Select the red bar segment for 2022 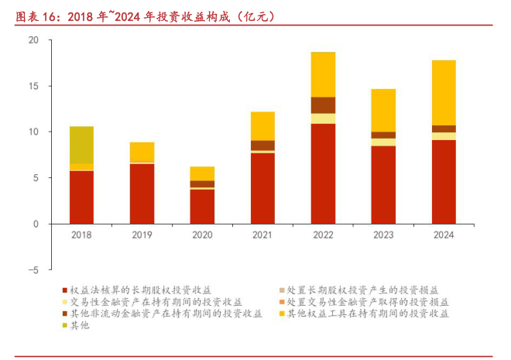[323, 173]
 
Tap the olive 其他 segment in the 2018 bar [81, 145]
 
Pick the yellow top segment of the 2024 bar [444, 92]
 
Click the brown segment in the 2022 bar [323, 105]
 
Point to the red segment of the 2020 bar [202, 207]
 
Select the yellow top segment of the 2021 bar [262, 126]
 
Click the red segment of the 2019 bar [142, 194]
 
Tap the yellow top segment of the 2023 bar [383, 110]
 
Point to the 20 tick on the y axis [33, 39]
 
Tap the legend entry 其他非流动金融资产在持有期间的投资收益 [166, 314]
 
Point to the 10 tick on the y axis [33, 132]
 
